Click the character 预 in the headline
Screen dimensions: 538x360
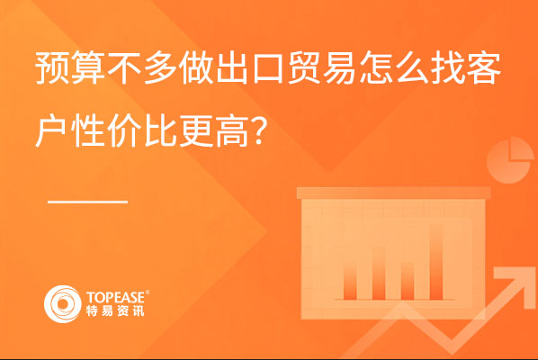point(52,67)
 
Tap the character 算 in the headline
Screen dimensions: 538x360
point(88,67)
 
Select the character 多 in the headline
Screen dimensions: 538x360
point(160,67)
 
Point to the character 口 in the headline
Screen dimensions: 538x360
point(268,68)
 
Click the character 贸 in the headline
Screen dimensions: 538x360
point(304,67)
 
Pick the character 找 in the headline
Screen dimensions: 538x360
point(448,67)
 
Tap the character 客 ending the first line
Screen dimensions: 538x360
point(484,67)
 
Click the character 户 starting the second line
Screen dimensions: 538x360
point(51,130)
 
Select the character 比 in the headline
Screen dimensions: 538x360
point(160,130)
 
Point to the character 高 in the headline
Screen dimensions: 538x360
point(233,130)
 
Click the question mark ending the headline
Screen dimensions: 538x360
point(259,130)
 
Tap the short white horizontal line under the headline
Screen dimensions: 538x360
point(87,202)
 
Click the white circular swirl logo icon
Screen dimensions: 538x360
point(63,304)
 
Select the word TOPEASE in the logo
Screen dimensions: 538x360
point(115,298)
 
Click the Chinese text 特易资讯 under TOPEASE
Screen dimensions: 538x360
point(115,310)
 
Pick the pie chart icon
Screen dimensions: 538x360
point(510,160)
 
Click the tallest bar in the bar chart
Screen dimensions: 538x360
point(436,262)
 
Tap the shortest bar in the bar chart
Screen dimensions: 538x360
point(408,281)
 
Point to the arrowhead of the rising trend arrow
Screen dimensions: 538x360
point(514,283)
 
